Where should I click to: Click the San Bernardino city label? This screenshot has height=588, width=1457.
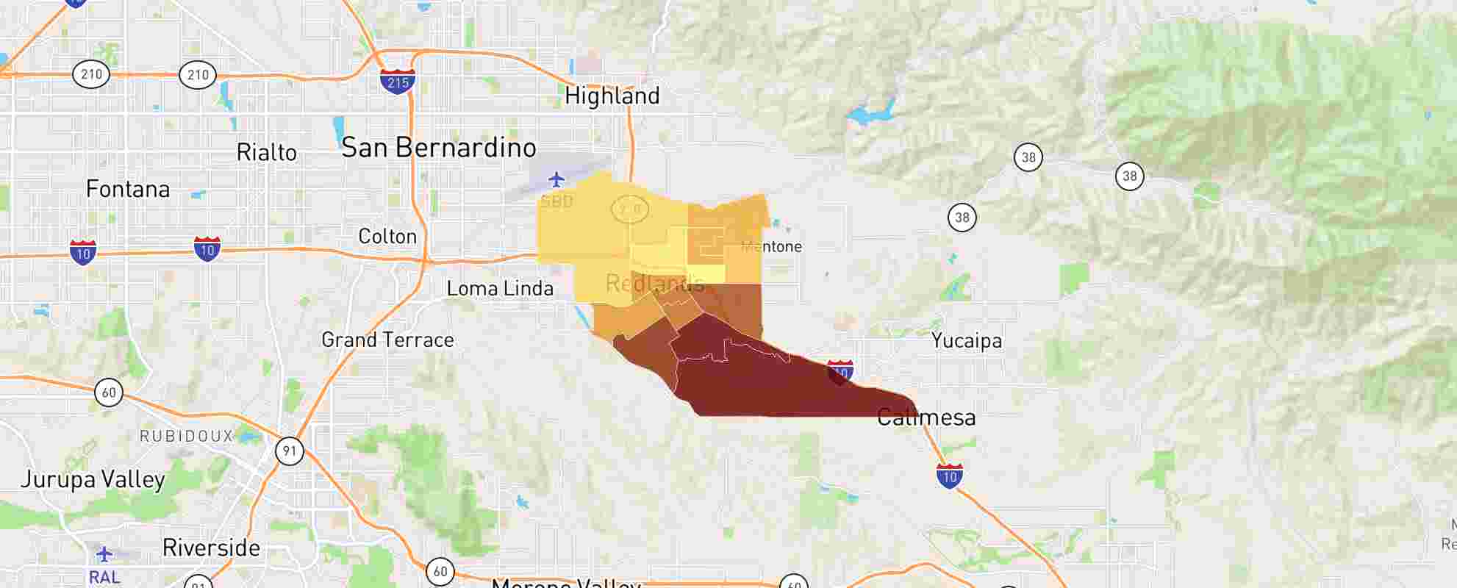point(439,148)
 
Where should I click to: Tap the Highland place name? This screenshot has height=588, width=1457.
point(612,96)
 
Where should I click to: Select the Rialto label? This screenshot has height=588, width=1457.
point(266,153)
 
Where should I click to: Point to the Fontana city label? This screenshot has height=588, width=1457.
point(128,189)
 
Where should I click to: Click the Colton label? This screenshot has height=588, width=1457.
point(387,237)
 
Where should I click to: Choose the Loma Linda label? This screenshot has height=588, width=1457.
point(500,288)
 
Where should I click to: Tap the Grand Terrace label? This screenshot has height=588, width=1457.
point(387,340)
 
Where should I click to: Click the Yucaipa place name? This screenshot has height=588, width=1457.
point(966,341)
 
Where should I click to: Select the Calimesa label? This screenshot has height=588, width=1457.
point(926,417)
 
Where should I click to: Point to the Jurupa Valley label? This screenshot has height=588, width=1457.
point(93,480)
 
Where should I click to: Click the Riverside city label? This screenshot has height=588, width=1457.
point(211,548)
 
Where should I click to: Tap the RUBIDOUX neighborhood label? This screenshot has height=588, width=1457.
point(186,437)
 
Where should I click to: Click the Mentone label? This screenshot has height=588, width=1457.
point(772,247)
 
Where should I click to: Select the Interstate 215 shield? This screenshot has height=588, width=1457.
point(398,81)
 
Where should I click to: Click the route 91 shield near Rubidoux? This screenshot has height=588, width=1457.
point(289,451)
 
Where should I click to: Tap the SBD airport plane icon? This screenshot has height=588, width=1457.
point(556,179)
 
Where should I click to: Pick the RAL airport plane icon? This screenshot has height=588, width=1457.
point(104,553)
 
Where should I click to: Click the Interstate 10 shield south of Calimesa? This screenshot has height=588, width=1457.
point(950,476)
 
